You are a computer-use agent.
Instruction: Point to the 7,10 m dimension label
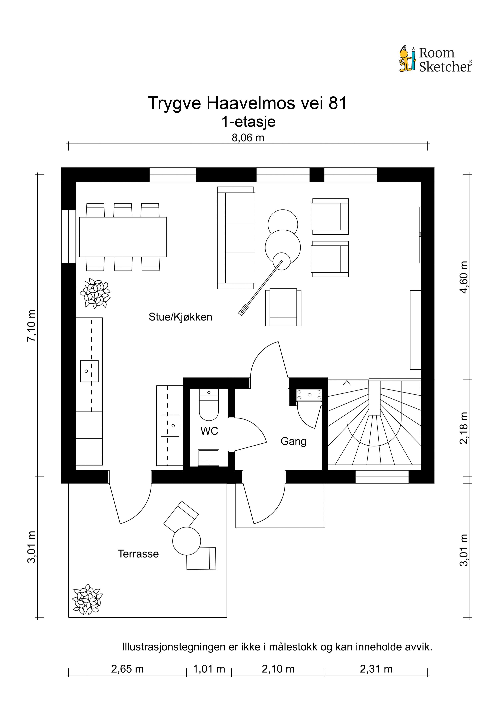[x=32, y=326]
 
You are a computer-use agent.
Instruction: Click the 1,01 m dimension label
[x=209, y=669]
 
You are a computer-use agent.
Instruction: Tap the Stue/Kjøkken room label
[x=180, y=317]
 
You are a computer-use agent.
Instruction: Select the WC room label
[x=209, y=431]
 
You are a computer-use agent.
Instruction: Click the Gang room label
[x=293, y=441]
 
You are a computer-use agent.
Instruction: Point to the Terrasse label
[x=138, y=554]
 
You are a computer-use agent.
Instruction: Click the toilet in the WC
[x=209, y=404]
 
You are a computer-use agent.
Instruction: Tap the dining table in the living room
[x=123, y=237]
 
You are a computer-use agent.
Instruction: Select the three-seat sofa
[x=236, y=238]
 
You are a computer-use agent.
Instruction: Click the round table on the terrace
[x=186, y=541]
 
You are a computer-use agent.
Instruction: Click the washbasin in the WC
[x=208, y=458]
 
